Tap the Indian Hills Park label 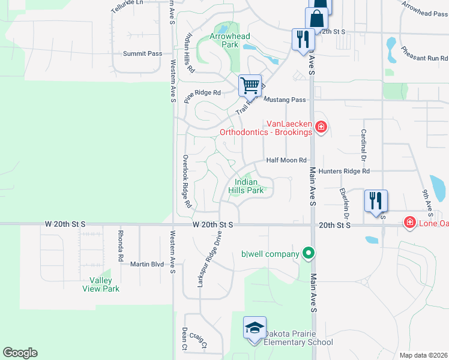pos(246,186)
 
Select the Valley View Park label pos(100,284)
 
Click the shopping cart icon pos(250,85)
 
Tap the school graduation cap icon pos(255,328)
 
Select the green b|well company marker pos(308,253)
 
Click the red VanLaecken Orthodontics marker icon pos(321,127)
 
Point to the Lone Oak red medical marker pos(410,223)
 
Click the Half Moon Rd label pos(286,160)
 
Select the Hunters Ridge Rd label pos(344,171)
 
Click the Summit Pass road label pos(142,53)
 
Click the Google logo pos(20,353)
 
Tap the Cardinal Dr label pos(363,146)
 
